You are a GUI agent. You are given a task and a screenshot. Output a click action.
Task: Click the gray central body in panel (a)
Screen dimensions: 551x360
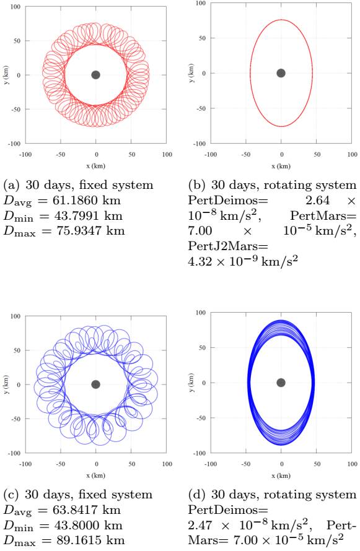click(95, 75)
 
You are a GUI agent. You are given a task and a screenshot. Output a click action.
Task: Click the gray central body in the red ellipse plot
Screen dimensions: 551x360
click(281, 73)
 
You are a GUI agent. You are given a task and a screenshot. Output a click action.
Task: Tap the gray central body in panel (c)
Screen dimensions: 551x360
click(95, 384)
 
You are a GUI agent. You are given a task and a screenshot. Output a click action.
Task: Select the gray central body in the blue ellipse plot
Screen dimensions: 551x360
click(281, 383)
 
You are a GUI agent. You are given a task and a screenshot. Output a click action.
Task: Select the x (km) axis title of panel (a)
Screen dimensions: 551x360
click(95, 167)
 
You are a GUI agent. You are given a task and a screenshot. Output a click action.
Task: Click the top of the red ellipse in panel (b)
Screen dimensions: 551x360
click(281, 20)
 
